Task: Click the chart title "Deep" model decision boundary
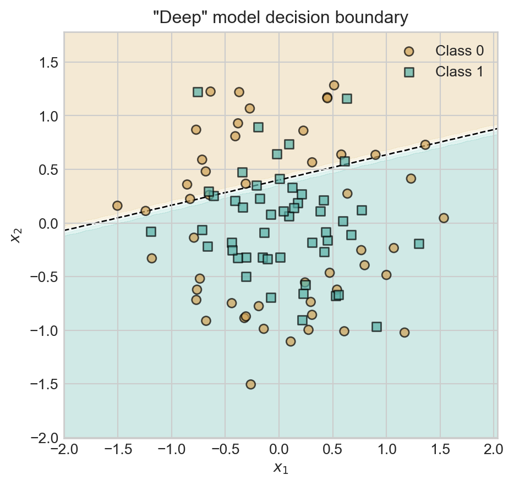pyautogui.click(x=281, y=18)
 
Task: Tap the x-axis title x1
pyautogui.click(x=281, y=468)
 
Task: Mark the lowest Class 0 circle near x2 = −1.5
pyautogui.click(x=250, y=384)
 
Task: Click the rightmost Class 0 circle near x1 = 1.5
pyautogui.click(x=444, y=218)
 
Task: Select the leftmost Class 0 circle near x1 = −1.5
pyautogui.click(x=117, y=206)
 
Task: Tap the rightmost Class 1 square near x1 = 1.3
pyautogui.click(x=419, y=244)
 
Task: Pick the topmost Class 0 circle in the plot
pyautogui.click(x=333, y=85)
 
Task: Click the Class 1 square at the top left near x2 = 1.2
pyautogui.click(x=198, y=92)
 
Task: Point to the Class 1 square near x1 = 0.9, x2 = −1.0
pyautogui.click(x=376, y=327)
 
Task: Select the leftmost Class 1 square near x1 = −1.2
pyautogui.click(x=151, y=231)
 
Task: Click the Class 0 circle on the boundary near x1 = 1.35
pyautogui.click(x=425, y=145)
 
